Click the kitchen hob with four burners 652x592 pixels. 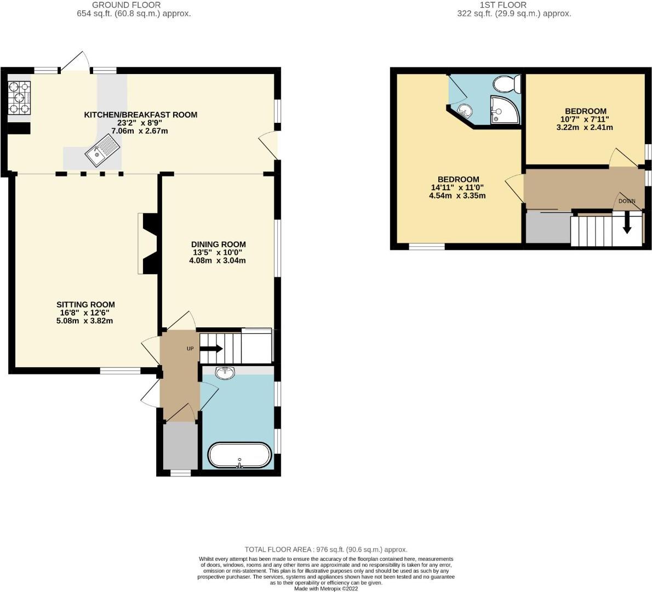click(x=19, y=98)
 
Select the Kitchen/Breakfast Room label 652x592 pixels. click(x=140, y=115)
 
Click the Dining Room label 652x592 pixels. click(x=218, y=244)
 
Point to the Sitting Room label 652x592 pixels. click(x=85, y=304)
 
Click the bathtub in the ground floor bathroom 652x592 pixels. click(x=239, y=455)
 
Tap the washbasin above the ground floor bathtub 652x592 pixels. click(x=225, y=373)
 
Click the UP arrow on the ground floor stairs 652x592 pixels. click(x=211, y=348)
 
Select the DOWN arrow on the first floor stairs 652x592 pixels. click(x=627, y=224)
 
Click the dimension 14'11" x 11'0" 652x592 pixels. click(x=458, y=187)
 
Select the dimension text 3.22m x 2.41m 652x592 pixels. click(x=584, y=127)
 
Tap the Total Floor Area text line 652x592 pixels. click(x=326, y=549)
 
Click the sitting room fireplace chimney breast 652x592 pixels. click(x=150, y=243)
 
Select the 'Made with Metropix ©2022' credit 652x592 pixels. click(x=326, y=588)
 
